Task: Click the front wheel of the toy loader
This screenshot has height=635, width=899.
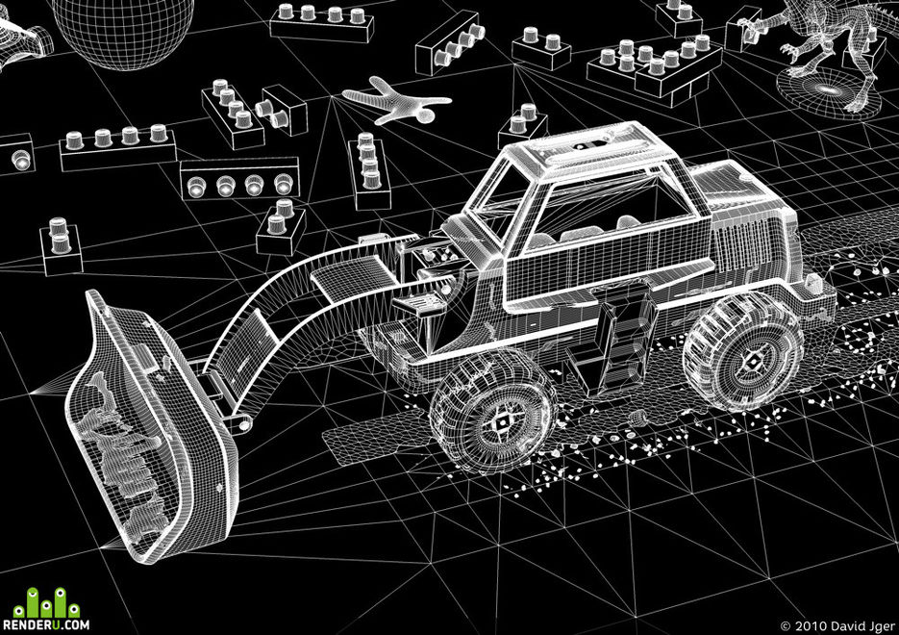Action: coord(493,412)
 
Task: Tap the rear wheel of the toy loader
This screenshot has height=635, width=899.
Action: coord(744,351)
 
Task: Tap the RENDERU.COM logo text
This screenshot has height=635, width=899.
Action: coord(46,624)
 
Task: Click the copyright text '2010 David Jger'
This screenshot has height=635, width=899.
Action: coord(843,625)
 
